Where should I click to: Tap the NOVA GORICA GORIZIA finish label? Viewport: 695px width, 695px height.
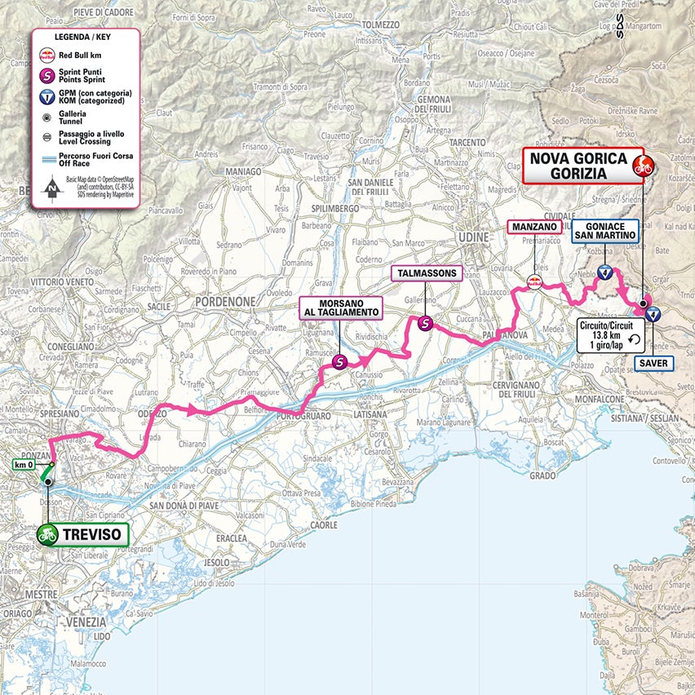coord(578,166)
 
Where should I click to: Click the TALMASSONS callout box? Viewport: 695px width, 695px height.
coord(427,273)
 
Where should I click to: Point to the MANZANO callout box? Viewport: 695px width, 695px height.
coord(534,228)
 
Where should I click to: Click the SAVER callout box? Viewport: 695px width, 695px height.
coord(654,363)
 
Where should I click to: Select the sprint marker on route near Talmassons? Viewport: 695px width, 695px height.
coord(425,324)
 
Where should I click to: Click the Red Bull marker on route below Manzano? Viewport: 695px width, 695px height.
coord(534,282)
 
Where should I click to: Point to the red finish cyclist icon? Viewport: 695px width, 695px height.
coord(643,166)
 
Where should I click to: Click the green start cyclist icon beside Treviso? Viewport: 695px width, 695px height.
coord(47,535)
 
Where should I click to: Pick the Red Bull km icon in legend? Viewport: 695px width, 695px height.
coord(48,55)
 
